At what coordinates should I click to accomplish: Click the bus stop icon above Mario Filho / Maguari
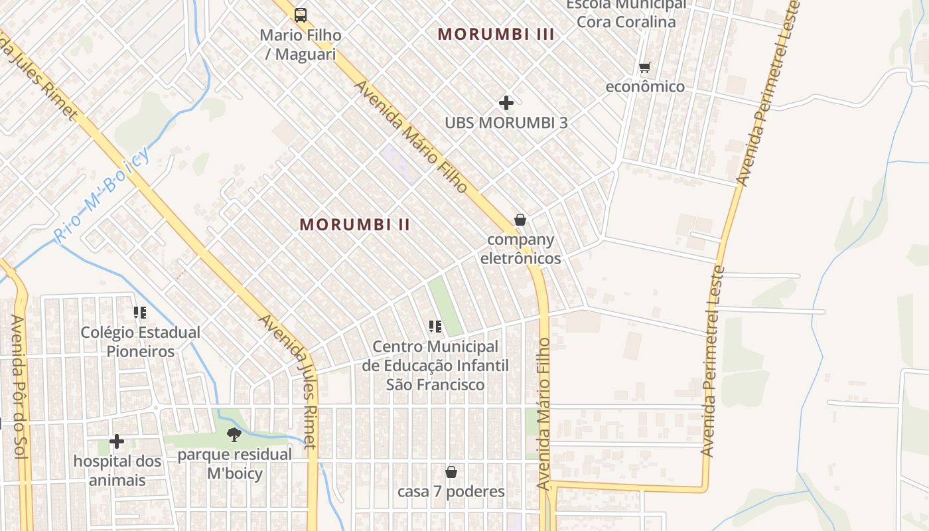(x=301, y=15)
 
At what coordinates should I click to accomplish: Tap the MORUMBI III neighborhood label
(x=496, y=35)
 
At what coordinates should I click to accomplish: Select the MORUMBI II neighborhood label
(x=355, y=224)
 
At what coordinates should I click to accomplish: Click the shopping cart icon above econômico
(x=644, y=67)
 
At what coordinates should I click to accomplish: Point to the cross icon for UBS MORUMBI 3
(x=506, y=103)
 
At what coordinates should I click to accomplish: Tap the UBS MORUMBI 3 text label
(x=506, y=123)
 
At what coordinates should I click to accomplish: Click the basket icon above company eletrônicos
(x=520, y=220)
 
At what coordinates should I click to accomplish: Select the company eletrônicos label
(x=520, y=249)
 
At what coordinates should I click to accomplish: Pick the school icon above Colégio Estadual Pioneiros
(x=139, y=312)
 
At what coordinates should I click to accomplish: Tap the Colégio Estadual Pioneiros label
(x=140, y=342)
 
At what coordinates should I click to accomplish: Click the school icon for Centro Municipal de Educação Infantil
(x=435, y=326)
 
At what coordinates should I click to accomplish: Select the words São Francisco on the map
(x=435, y=384)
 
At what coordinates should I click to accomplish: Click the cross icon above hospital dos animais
(x=117, y=441)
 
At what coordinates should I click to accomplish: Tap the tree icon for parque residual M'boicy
(x=234, y=435)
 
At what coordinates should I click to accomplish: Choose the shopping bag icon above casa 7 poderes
(x=451, y=472)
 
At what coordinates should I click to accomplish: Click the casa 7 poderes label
(x=451, y=492)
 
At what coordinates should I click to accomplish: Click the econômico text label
(x=644, y=87)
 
